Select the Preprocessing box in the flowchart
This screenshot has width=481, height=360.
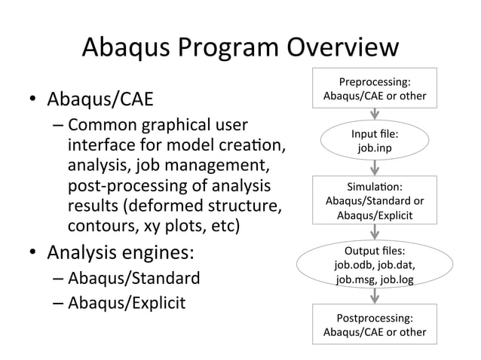[x=374, y=89]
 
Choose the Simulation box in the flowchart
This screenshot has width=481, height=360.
[x=374, y=200]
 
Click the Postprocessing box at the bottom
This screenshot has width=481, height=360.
[x=374, y=324]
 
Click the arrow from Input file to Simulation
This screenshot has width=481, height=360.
[x=375, y=169]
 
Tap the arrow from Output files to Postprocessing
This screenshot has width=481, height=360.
[x=375, y=295]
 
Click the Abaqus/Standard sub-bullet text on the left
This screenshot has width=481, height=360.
[x=134, y=279]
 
